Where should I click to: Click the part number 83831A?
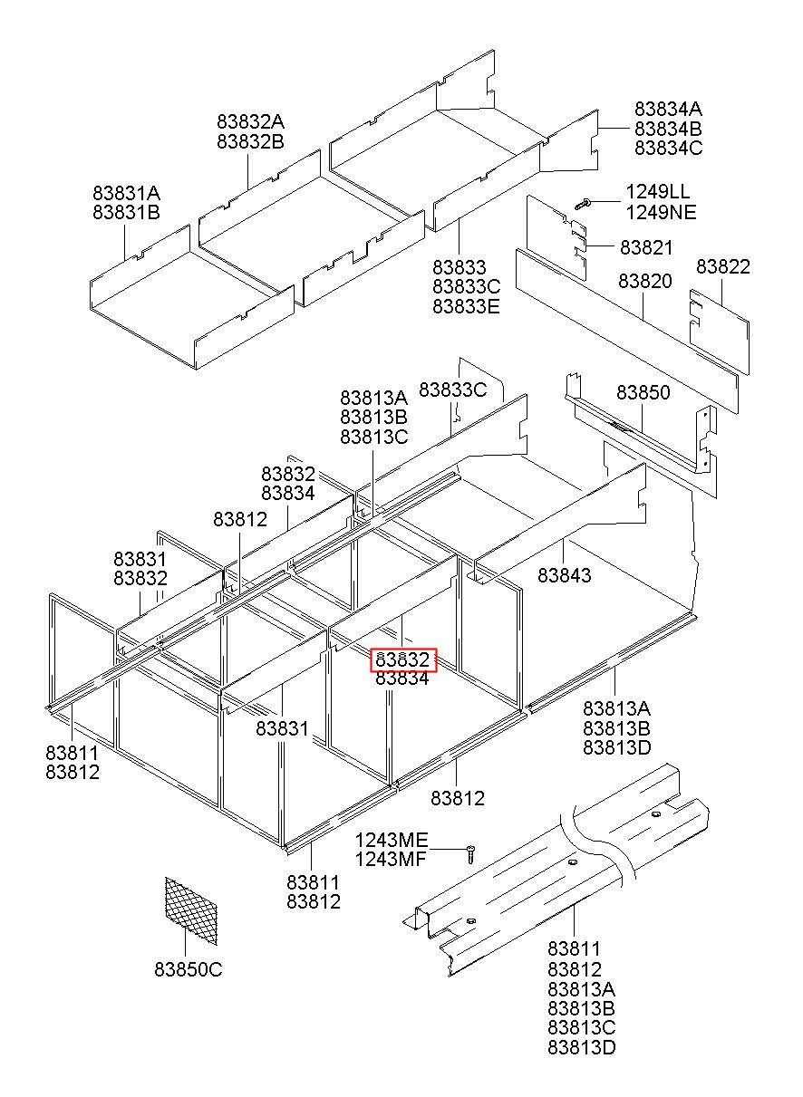126,193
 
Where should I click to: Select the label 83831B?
126,213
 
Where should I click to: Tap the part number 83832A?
250,121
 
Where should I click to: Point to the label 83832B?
250,141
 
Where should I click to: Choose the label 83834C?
668,149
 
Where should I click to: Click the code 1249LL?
657,192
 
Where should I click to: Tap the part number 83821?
647,247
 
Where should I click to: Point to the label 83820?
645,282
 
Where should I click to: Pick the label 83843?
564,574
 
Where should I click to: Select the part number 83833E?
466,306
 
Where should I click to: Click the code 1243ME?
391,840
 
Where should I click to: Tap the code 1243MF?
391,860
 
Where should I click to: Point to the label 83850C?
188,970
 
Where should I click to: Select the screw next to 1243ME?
470,852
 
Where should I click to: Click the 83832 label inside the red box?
402,659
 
